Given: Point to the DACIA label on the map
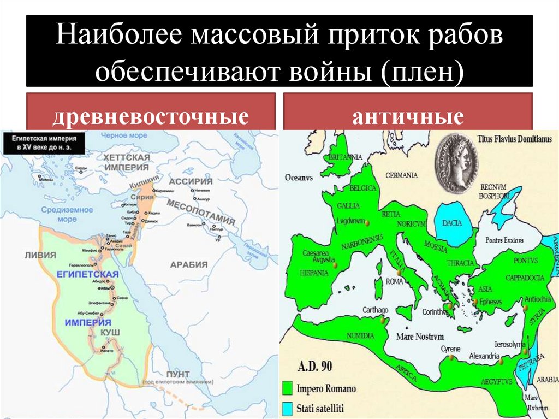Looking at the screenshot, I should [451, 223].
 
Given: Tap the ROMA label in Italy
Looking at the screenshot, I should [394, 281].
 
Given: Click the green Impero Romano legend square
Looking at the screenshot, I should [288, 388].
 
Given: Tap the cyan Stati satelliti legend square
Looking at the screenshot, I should [288, 408].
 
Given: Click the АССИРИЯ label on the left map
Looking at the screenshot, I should [190, 181].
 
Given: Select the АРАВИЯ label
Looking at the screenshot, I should [189, 264].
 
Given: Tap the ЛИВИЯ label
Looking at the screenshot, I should [37, 255].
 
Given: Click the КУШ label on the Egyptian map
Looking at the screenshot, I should [110, 332].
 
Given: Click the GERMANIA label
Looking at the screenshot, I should [401, 175].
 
